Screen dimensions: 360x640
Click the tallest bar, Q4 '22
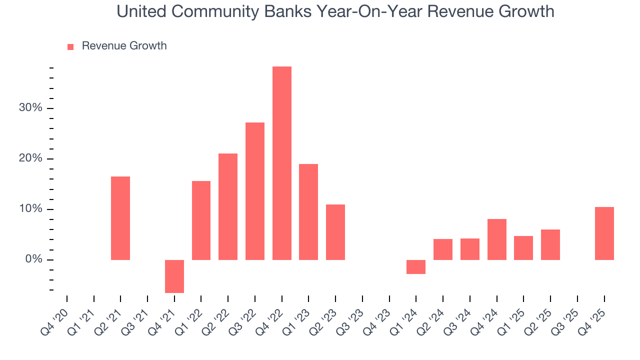281,163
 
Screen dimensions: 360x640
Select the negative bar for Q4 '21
174,276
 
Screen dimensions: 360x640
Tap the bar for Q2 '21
120,218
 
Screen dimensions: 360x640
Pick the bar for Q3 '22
254,191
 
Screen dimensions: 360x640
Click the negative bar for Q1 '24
416,267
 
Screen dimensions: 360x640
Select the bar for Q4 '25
604,233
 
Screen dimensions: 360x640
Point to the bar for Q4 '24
496,239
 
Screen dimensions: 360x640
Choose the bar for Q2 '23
335,232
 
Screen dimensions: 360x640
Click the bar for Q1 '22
201,220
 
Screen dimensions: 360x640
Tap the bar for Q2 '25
550,244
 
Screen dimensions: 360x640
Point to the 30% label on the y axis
30,108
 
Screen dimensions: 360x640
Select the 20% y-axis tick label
30,159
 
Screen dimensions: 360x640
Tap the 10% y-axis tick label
30,209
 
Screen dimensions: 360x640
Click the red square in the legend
70,46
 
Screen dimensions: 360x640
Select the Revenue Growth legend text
124,46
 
